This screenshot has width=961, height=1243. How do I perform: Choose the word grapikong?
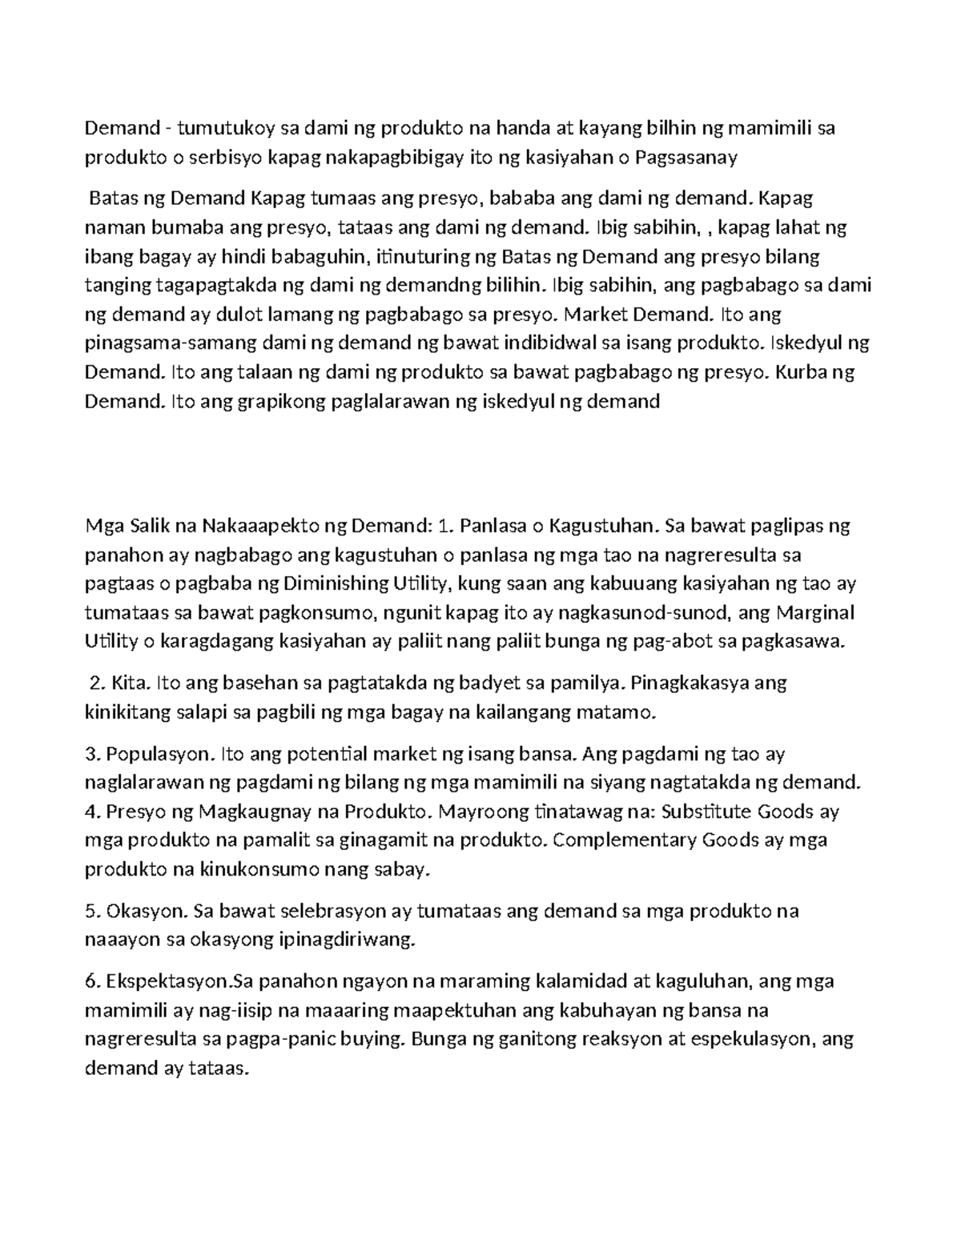click(252, 401)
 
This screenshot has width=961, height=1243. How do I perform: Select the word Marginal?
click(816, 612)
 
